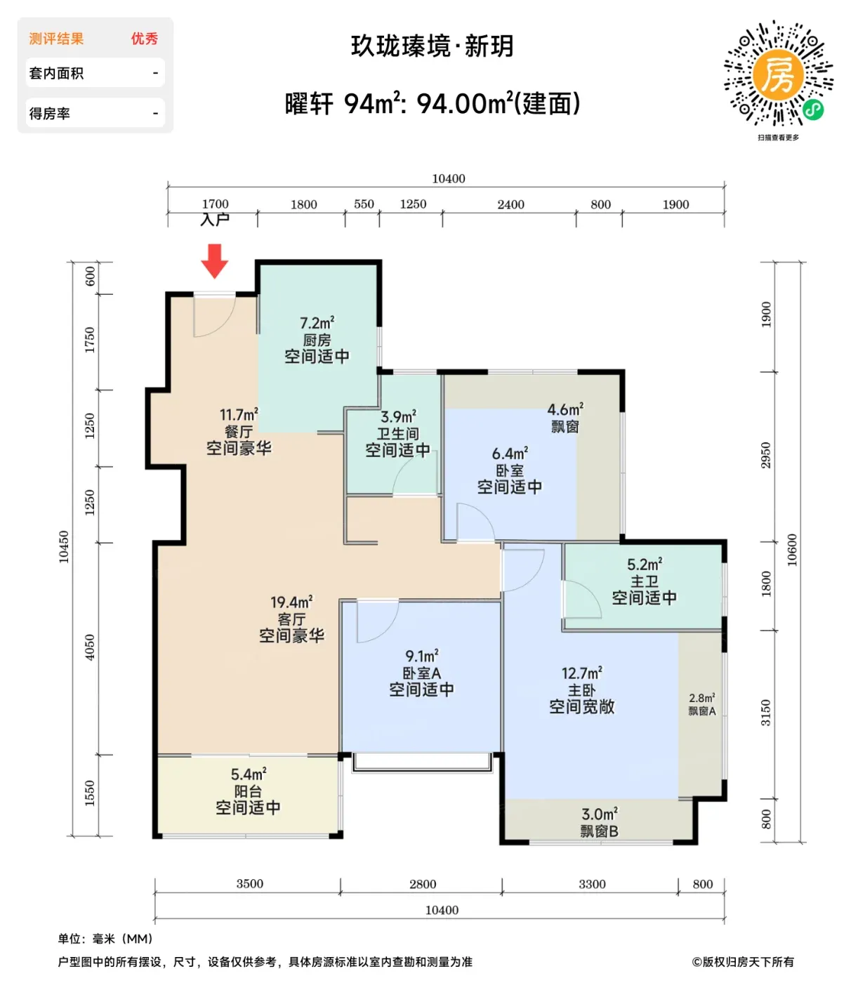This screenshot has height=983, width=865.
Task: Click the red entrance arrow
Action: point(214,260)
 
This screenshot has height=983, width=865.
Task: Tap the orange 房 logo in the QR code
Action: point(778,74)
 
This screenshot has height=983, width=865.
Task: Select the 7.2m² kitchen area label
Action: point(317,323)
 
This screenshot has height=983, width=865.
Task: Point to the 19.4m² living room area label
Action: point(291,602)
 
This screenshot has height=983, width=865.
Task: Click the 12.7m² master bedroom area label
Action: point(581,673)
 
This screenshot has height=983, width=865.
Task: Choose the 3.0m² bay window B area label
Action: point(600,814)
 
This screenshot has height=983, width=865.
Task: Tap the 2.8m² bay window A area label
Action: point(701,698)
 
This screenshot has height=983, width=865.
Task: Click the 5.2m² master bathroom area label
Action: point(645,565)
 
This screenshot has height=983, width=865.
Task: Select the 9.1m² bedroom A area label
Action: point(421,656)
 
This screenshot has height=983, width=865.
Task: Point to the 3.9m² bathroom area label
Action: point(398,416)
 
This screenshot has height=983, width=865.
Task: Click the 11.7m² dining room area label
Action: point(239,415)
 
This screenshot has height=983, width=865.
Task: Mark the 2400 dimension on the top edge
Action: point(510,204)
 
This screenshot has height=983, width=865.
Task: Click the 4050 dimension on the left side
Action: point(90,648)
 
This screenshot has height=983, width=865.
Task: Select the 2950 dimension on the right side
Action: point(765,456)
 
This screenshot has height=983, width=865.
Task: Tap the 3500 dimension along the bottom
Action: point(249,883)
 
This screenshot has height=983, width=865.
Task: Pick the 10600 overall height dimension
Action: point(792,550)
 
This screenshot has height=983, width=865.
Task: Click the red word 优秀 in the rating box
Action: point(144,39)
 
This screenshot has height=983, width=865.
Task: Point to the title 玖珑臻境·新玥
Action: point(432,46)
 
